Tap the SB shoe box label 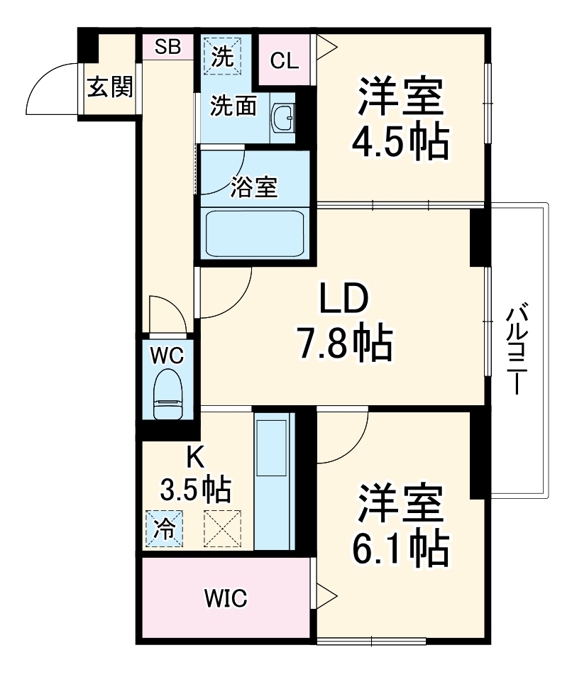[168, 48]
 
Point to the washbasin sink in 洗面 [285, 117]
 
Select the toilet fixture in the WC [168, 395]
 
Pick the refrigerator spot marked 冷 [164, 528]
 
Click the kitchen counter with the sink [273, 479]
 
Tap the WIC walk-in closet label [226, 599]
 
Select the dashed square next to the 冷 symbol [222, 529]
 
